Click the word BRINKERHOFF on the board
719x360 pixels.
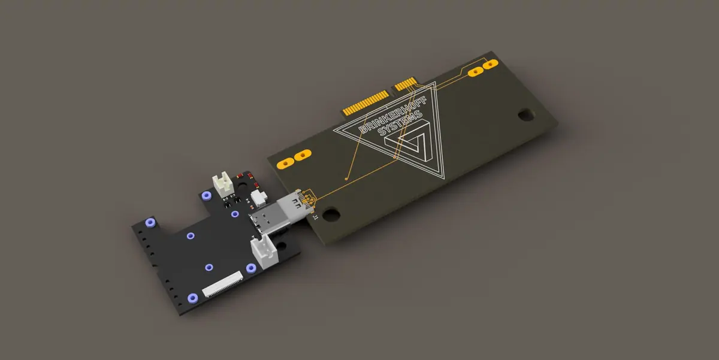pyautogui.click(x=393, y=114)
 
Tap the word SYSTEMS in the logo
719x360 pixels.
pyautogui.click(x=400, y=123)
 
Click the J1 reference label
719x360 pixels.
pyautogui.click(x=316, y=217)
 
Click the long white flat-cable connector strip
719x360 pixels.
pyautogui.click(x=222, y=284)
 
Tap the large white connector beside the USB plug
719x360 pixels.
pyautogui.click(x=264, y=251)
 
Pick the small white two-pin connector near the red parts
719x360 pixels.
pyautogui.click(x=223, y=184)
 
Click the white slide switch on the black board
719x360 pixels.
pyautogui.click(x=259, y=198)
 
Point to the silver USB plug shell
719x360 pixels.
pyautogui.click(x=279, y=214)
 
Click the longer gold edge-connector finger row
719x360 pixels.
pyautogui.click(x=366, y=102)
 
